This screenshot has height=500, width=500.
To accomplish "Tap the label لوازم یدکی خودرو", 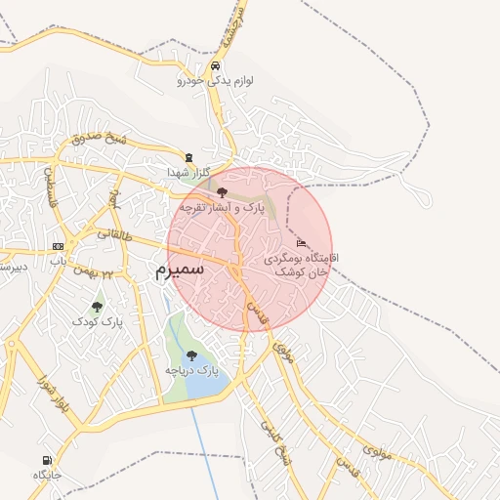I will (215, 81).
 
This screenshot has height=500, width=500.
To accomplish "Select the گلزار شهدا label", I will (188, 172).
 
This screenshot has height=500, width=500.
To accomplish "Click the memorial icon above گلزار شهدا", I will (188, 156).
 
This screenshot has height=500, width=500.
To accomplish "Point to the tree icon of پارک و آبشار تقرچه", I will (222, 192).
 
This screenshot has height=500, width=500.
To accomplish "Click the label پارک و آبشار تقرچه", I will (222, 208).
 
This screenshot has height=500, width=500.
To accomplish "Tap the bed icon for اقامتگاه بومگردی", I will (300, 242).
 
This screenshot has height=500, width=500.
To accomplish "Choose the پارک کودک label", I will (98, 320).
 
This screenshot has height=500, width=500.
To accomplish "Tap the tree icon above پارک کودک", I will (97, 307).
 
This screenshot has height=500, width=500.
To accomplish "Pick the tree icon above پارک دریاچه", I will (190, 354).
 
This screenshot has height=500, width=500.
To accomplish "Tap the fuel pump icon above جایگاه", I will (47, 460).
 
